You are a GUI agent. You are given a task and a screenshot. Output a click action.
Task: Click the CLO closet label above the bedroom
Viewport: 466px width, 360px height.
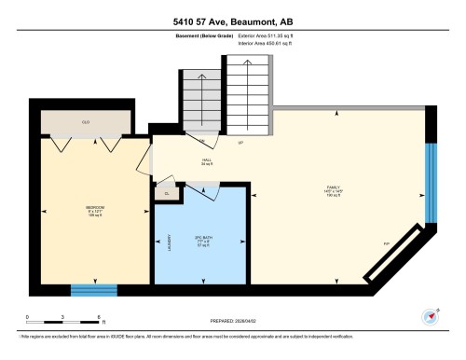tap(85, 121)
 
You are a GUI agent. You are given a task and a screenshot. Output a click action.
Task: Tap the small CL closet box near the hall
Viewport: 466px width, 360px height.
tap(168, 193)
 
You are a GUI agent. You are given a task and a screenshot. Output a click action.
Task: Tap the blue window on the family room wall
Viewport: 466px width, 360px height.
tap(430, 184)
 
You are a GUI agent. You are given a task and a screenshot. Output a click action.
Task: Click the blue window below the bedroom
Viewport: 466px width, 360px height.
tap(94, 288)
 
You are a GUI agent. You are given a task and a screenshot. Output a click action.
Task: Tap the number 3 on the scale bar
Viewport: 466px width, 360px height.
tap(62, 317)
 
